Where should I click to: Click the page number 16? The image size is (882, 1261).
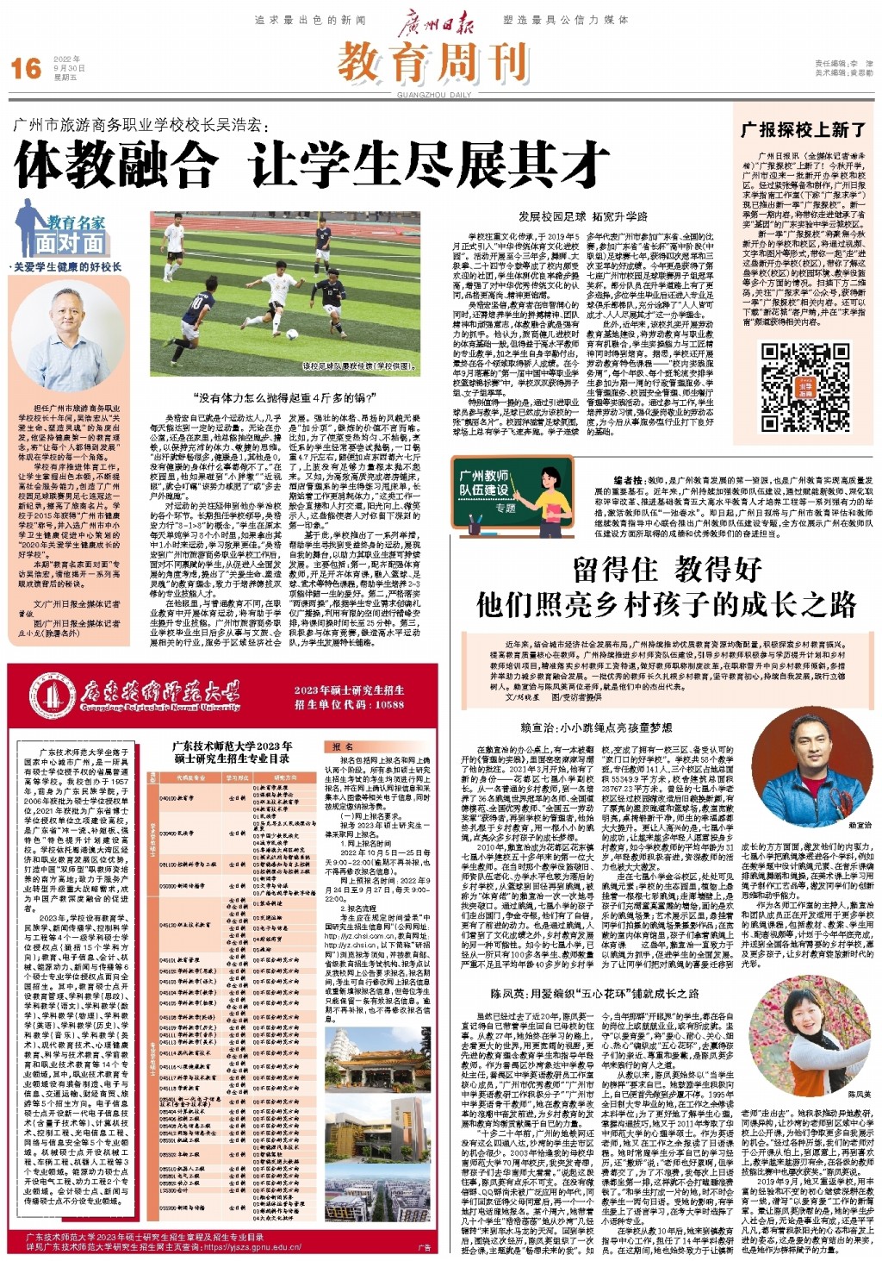tap(26, 68)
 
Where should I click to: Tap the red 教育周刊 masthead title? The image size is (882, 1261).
tap(432, 62)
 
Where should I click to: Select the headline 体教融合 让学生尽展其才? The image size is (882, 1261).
tap(313, 165)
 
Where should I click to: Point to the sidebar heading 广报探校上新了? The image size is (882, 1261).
tap(804, 129)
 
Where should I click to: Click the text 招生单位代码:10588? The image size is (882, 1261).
tap(349, 704)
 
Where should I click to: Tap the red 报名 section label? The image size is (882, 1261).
tap(342, 746)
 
